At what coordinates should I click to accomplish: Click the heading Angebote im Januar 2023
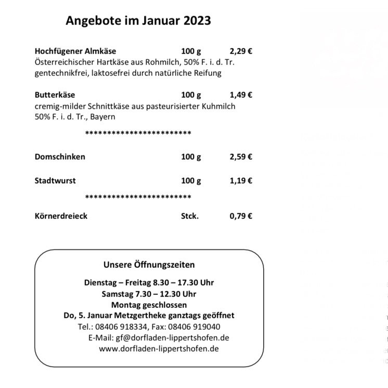pos(138,20)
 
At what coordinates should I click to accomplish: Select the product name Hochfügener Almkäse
pos(75,51)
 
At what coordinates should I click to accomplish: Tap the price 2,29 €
pos(241,51)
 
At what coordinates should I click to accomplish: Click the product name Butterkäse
pos(55,95)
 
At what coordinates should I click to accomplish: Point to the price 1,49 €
pos(241,95)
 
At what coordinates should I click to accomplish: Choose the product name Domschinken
pos(60,157)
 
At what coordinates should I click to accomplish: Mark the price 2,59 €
pos(241,157)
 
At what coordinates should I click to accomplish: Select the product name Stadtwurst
pos(55,180)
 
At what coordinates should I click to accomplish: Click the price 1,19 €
pos(241,180)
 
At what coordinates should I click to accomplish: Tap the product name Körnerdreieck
pos(61,216)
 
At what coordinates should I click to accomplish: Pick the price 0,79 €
pos(241,216)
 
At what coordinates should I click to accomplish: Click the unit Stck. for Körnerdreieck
pos(190,216)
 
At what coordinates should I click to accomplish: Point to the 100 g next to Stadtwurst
pos(191,180)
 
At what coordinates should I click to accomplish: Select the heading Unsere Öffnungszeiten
pos(149,264)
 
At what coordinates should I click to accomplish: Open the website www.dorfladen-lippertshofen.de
pos(159,348)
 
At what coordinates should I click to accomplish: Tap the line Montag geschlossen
pos(149,305)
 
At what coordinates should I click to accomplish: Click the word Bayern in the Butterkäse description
pos(102,117)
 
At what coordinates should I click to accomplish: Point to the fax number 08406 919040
pos(200,327)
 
